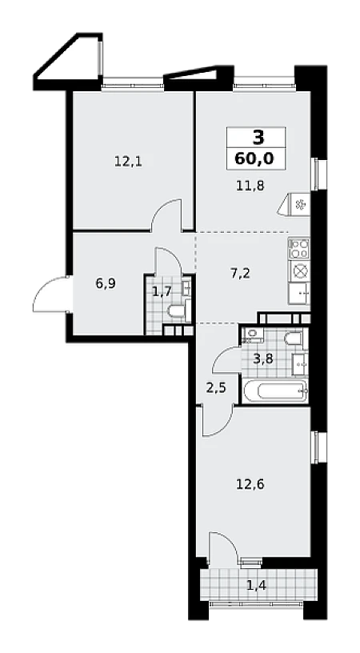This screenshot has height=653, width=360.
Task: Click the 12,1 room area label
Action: click(x=128, y=161)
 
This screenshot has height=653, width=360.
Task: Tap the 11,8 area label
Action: click(x=250, y=186)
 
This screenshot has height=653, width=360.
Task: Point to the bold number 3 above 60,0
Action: click(x=258, y=138)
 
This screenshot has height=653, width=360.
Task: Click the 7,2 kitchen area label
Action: click(x=240, y=274)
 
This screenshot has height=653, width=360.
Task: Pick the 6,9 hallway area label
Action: click(x=106, y=284)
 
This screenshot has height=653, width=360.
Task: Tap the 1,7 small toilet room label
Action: click(x=161, y=291)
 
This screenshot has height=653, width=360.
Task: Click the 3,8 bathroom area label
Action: click(x=263, y=359)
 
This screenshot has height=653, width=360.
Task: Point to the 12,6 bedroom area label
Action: click(x=250, y=484)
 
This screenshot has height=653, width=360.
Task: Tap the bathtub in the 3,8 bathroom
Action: click(x=275, y=391)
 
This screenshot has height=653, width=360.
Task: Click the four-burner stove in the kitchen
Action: click(x=299, y=248)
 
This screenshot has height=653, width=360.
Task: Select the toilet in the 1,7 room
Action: click(x=177, y=311)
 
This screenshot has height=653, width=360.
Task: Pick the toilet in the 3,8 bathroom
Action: click(x=294, y=339)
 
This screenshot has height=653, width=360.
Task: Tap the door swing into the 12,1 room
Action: click(x=166, y=214)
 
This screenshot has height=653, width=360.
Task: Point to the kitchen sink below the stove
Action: click(x=299, y=293)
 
